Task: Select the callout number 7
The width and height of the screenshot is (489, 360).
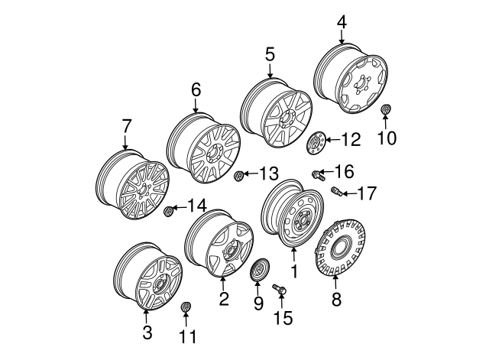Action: pyautogui.click(x=126, y=125)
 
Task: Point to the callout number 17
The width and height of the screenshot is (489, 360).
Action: pyautogui.click(x=366, y=193)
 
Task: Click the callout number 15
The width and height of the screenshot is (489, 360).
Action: pyautogui.click(x=283, y=316)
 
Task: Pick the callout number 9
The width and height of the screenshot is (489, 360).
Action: pyautogui.click(x=258, y=303)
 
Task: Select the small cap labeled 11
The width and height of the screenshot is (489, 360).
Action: pyautogui.click(x=184, y=308)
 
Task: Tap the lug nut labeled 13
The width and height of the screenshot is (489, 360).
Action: pyautogui.click(x=239, y=177)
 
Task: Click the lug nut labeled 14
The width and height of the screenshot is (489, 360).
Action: pyautogui.click(x=170, y=210)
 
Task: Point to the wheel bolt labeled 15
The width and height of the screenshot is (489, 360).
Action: pyautogui.click(x=279, y=289)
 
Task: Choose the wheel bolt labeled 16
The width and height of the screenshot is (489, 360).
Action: pyautogui.click(x=316, y=176)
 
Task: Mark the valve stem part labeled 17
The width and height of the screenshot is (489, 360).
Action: pyautogui.click(x=335, y=190)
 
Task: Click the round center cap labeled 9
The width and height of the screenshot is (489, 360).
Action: pyautogui.click(x=261, y=271)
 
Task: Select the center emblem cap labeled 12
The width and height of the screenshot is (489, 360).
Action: pyautogui.click(x=316, y=142)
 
